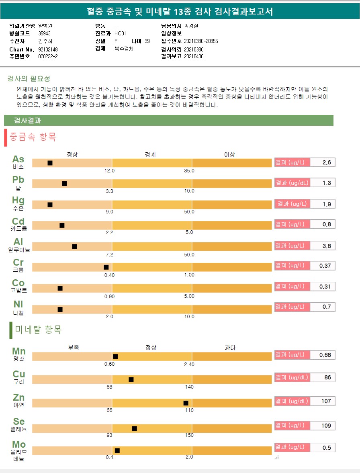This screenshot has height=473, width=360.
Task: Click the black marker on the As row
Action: (50, 163)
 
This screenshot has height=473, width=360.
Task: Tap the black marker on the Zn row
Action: (186, 403)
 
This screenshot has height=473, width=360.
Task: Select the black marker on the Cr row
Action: (106, 267)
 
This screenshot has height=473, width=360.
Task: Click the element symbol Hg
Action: (18, 200)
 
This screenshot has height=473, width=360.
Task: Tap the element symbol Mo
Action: (18, 444)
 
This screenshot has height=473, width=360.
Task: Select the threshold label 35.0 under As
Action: (189, 171)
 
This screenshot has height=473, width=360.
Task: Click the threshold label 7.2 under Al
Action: (109, 255)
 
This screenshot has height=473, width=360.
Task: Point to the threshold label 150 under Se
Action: (189, 435)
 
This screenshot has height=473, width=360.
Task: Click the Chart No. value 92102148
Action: (49, 49)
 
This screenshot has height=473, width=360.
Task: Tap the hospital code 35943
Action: (44, 33)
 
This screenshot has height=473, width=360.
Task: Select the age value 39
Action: (147, 41)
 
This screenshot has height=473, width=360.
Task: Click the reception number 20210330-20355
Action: (201, 41)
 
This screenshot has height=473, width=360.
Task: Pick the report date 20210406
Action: (194, 57)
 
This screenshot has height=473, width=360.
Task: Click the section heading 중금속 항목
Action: (33, 137)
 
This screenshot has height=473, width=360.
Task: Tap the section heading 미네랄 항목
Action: (38, 330)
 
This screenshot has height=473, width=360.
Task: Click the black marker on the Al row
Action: (74, 246)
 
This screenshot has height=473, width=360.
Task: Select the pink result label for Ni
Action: (292, 307)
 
